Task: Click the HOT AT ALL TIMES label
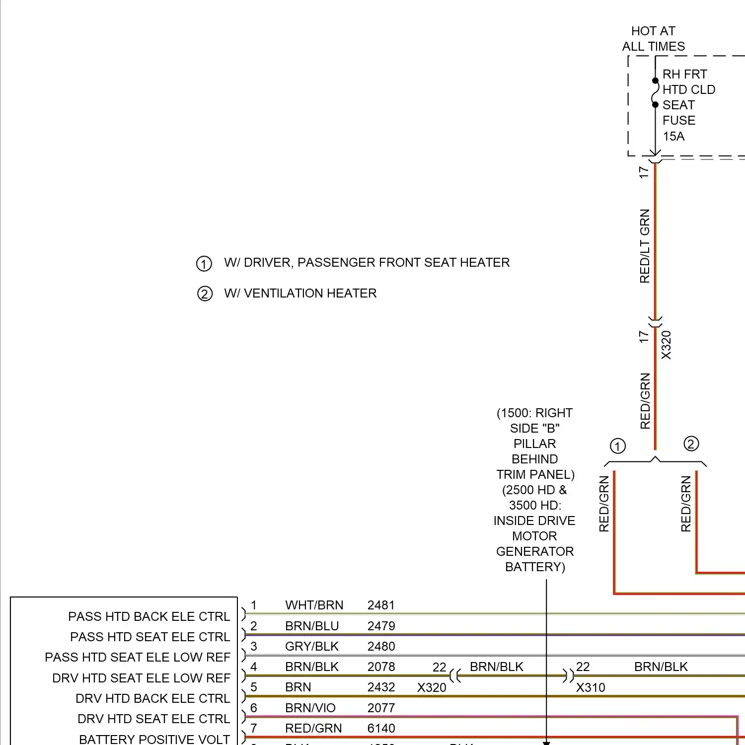click(x=653, y=39)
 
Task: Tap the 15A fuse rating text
click(x=673, y=136)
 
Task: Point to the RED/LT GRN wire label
click(x=645, y=246)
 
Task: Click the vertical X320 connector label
click(x=666, y=345)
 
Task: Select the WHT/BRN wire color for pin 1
click(x=314, y=605)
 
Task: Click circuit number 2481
click(x=381, y=605)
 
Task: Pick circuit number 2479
click(x=381, y=626)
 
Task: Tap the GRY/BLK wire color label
click(x=311, y=646)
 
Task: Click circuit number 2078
click(x=381, y=667)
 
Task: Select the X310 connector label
click(x=591, y=687)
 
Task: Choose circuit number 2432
click(x=381, y=687)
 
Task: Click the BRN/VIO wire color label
click(x=310, y=708)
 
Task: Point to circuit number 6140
click(x=381, y=728)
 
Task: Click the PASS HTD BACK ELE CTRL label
click(x=149, y=616)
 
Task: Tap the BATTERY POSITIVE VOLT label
click(x=154, y=739)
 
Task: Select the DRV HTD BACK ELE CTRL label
click(x=152, y=698)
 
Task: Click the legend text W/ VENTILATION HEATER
click(x=300, y=293)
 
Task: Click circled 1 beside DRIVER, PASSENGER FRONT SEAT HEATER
click(x=204, y=263)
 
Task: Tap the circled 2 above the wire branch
click(x=691, y=444)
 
